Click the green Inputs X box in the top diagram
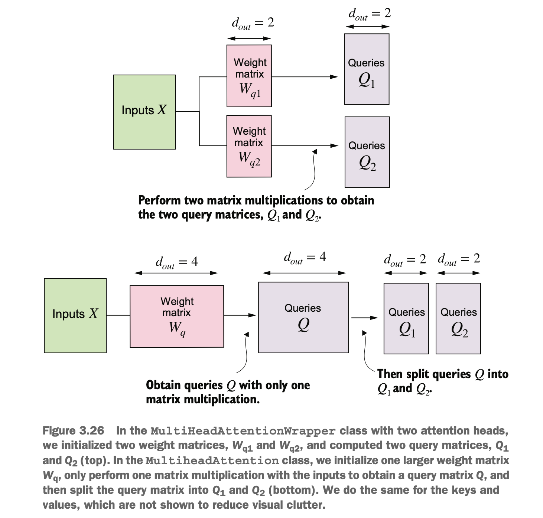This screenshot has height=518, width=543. [144, 112]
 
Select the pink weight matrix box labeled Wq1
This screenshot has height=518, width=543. [249, 76]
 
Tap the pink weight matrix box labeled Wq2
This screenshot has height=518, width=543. [249, 146]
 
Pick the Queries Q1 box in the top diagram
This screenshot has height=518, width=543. [367, 69]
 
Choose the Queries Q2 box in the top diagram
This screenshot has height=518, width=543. [367, 152]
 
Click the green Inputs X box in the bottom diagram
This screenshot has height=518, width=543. [75, 316]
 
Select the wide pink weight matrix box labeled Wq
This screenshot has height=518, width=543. [177, 316]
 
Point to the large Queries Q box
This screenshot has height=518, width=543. [303, 317]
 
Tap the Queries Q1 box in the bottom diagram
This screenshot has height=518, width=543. [406, 318]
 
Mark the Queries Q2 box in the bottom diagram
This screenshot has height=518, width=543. [458, 318]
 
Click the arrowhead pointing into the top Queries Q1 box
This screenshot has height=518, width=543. [334, 77]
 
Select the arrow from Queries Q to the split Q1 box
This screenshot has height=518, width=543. [364, 318]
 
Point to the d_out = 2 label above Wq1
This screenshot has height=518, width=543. [253, 23]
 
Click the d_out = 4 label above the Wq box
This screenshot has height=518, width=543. [177, 262]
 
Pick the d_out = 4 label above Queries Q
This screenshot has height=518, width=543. [305, 257]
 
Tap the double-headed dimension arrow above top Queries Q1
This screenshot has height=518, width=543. [367, 26]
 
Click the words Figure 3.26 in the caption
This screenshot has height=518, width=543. [73, 430]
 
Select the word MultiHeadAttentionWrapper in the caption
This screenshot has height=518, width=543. [243, 431]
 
